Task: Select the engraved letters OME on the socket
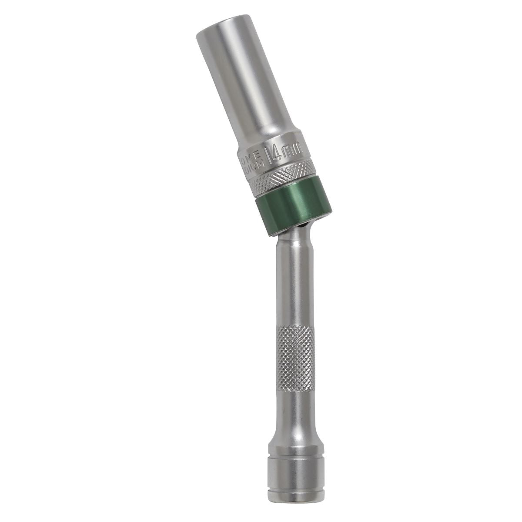pyautogui.click(x=255, y=156)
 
